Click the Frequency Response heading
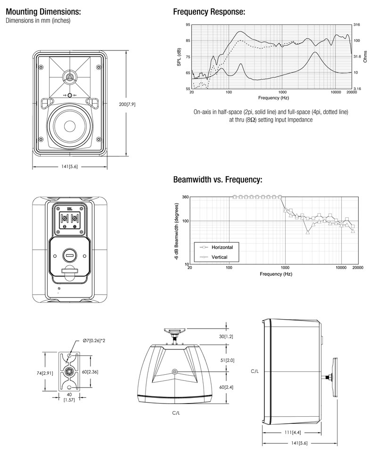209,12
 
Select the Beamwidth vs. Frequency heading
217,180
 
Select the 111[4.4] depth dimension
293,432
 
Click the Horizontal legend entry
222,247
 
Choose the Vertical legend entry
220,257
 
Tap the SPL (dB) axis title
180,57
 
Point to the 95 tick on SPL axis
188,25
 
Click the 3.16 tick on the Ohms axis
357,89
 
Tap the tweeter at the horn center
70,77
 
